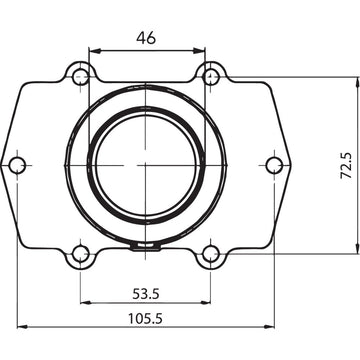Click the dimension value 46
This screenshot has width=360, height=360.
pyautogui.click(x=146, y=38)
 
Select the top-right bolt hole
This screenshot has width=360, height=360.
pyautogui.click(x=210, y=74)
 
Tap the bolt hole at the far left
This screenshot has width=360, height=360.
pyautogui.click(x=16, y=164)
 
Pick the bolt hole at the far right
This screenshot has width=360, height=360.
pyautogui.click(x=275, y=164)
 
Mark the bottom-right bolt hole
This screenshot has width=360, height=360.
pyautogui.click(x=210, y=254)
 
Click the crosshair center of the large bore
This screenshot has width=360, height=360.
pyautogui.click(x=146, y=164)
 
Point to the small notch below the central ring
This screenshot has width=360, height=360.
pyautogui.click(x=146, y=243)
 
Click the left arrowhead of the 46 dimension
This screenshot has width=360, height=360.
pyautogui.click(x=92, y=50)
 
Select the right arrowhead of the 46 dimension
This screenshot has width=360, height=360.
pyautogui.click(x=199, y=50)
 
